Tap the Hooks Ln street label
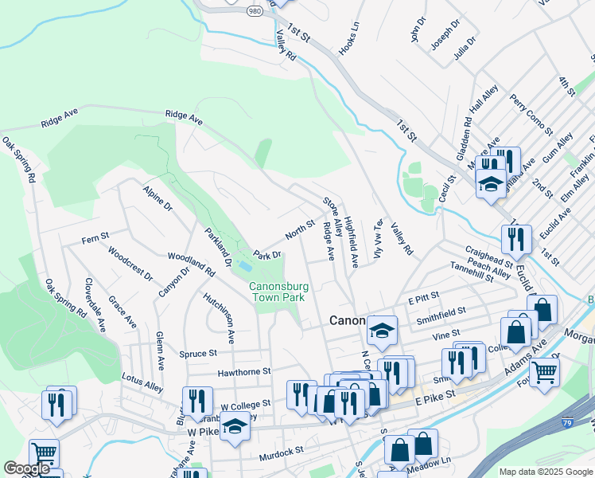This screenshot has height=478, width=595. pos(348,37)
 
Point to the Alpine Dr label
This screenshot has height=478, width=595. pos(157,200)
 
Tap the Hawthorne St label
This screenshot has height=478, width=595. pos(245,371)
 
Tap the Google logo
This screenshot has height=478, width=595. pos(26,468)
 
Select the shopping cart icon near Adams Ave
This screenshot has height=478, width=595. pos(544,370)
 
